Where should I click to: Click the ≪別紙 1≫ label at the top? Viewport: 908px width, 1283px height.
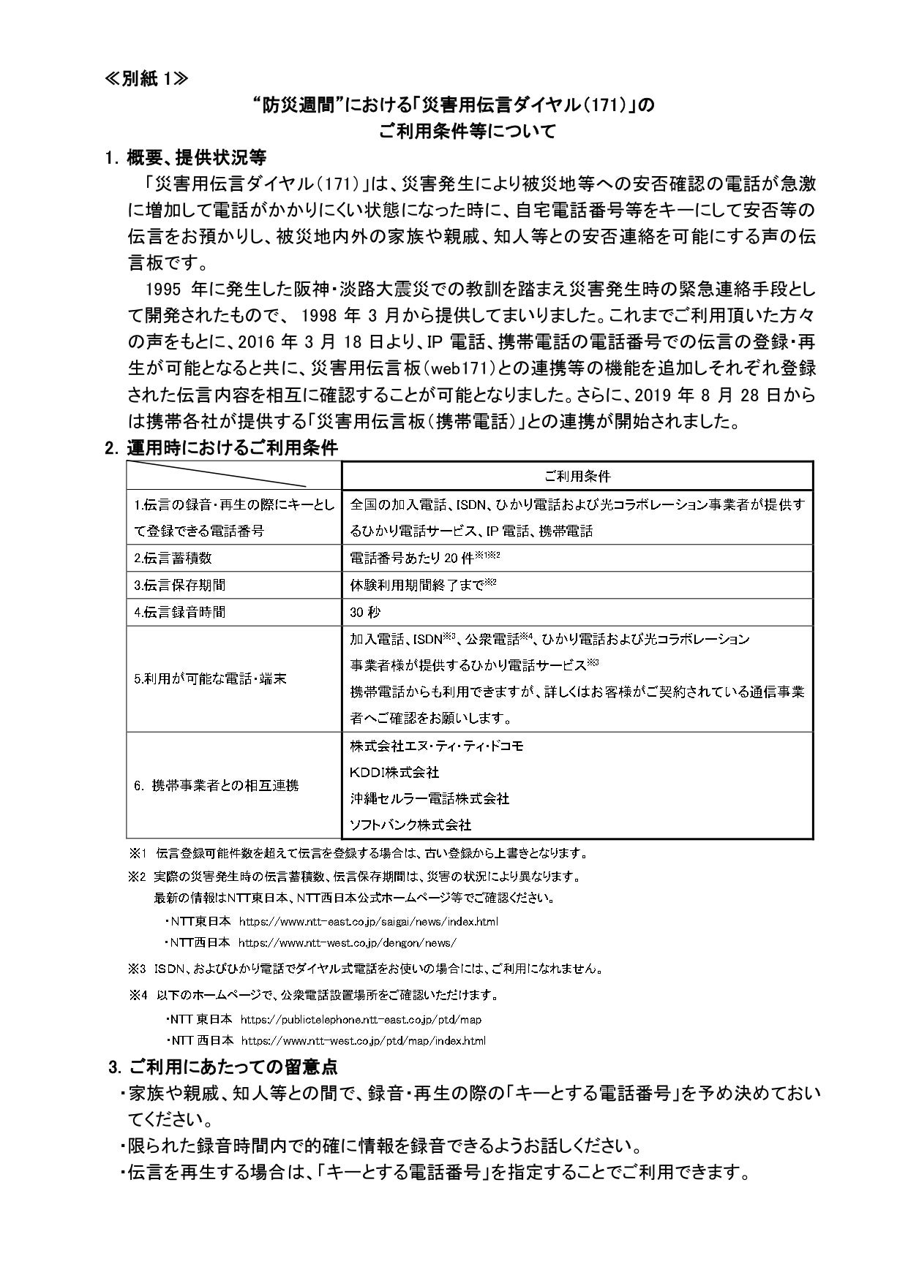tap(146, 78)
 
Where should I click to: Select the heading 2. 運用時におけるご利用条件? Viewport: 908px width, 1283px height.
tap(222, 448)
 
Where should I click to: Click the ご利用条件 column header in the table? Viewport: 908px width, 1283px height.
tap(577, 476)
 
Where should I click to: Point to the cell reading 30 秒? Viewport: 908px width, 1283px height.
tap(365, 612)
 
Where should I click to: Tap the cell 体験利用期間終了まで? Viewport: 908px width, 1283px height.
tap(423, 585)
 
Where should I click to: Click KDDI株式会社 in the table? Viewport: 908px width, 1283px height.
tap(394, 772)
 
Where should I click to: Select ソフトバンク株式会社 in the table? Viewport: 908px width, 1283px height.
tap(410, 825)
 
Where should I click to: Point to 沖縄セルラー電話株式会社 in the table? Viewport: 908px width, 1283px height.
tap(429, 798)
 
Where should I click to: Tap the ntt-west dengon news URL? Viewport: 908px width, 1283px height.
tap(348, 943)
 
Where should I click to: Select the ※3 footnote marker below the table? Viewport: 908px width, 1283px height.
tap(138, 969)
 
